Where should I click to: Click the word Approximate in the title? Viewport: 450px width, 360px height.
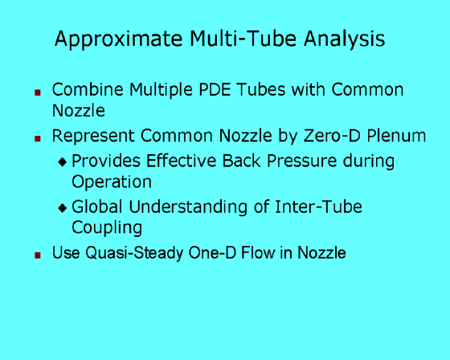point(119,39)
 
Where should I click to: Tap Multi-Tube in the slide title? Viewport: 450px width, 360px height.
point(243,39)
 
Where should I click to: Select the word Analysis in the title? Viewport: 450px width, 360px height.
point(344,39)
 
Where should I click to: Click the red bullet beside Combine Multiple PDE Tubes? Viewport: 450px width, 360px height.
point(38,92)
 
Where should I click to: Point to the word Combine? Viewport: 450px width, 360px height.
point(88,89)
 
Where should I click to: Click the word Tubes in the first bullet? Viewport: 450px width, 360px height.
point(261,89)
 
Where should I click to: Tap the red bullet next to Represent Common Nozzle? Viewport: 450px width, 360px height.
point(38,139)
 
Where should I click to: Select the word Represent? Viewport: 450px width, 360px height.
point(93,137)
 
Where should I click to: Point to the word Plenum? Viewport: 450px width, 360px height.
point(396,136)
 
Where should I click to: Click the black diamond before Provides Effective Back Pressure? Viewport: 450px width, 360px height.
point(63,162)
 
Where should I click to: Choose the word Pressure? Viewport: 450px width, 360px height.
point(301,161)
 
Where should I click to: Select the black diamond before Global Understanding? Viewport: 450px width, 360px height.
point(63,208)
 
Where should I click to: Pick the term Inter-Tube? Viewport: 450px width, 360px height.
point(318,207)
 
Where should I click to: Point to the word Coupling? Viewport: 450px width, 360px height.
point(107,228)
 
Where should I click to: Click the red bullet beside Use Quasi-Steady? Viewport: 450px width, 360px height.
point(38,255)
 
